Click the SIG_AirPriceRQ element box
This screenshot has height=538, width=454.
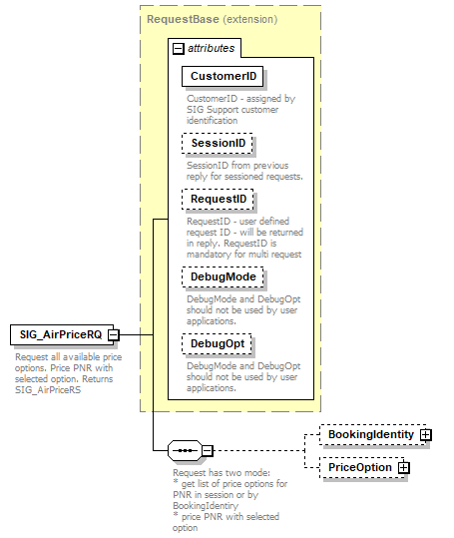point(59,335)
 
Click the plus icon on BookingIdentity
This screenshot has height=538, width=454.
point(426,435)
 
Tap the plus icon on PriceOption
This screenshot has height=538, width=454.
point(404,467)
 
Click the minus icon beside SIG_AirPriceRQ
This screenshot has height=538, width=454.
point(114,335)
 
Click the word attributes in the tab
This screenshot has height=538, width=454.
point(211,48)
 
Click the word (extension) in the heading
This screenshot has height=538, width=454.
point(250,19)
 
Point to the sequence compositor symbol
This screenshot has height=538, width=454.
point(185,451)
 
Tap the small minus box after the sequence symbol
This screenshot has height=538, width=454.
point(207,451)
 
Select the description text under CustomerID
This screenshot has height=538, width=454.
point(227,109)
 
